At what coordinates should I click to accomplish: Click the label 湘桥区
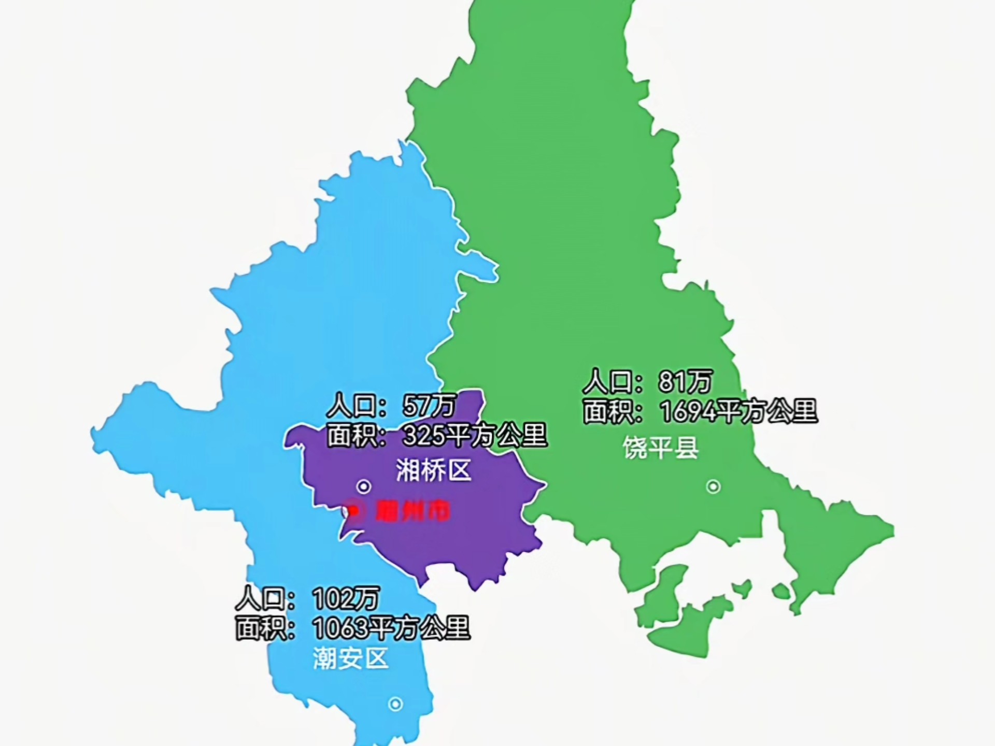point(433,470)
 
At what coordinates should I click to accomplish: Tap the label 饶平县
point(660,447)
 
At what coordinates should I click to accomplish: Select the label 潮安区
point(350,659)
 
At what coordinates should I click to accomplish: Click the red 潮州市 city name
point(412,511)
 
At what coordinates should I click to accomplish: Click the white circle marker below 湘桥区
point(364,486)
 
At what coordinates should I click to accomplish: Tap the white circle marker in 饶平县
point(714,486)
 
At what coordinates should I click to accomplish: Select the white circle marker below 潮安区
point(395,704)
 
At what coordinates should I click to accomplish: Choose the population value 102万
point(346,599)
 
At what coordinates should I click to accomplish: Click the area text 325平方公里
point(475,435)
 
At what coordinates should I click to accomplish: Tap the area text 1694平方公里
point(738,411)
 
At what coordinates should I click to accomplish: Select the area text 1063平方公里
point(391,628)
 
